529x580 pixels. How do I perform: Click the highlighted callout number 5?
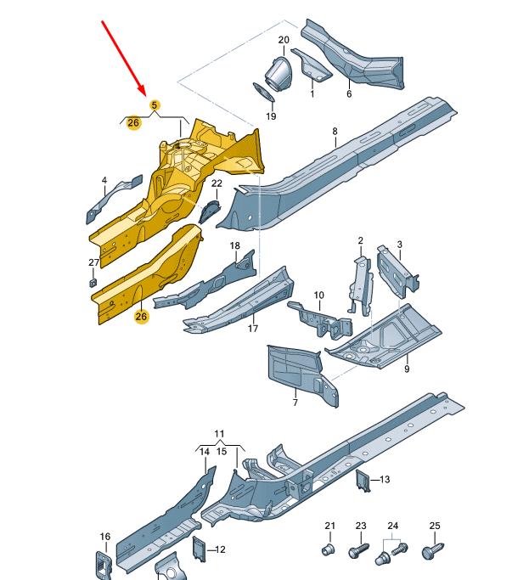click(155, 104)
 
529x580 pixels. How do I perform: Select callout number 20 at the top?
click(284, 41)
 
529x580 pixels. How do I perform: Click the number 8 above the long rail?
click(335, 131)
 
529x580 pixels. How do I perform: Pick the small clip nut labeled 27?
click(93, 282)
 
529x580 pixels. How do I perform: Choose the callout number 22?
click(217, 183)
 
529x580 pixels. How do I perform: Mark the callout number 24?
click(392, 526)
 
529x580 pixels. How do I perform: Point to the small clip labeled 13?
click(362, 481)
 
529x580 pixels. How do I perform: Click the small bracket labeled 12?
click(200, 549)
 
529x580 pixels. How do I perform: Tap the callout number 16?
click(104, 536)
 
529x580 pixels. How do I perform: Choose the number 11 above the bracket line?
click(219, 434)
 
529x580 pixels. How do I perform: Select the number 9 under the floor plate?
click(406, 369)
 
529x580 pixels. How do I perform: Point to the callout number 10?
click(319, 296)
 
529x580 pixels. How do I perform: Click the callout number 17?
click(252, 328)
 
